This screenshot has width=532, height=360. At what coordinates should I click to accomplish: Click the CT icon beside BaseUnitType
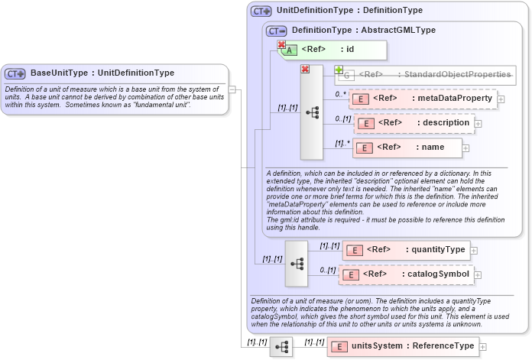pyautogui.click(x=15, y=73)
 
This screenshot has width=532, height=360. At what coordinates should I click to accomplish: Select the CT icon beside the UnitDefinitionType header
pyautogui.click(x=261, y=11)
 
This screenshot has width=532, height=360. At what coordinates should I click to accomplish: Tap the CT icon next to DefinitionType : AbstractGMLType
pyautogui.click(x=277, y=31)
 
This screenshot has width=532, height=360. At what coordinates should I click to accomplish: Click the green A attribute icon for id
pyautogui.click(x=291, y=50)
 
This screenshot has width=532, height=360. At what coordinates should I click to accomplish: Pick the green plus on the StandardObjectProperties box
pyautogui.click(x=339, y=70)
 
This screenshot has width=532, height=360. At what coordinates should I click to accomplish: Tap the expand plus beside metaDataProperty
pyautogui.click(x=501, y=99)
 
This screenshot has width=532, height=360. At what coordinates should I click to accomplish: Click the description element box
pyautogui.click(x=413, y=123)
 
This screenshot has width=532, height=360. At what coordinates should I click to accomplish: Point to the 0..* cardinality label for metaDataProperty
pyautogui.click(x=341, y=94)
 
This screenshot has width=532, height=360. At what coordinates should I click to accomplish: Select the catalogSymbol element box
pyautogui.click(x=406, y=274)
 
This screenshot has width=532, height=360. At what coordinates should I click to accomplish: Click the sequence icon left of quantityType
pyautogui.click(x=295, y=262)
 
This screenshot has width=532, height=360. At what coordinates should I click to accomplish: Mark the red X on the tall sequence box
pyautogui.click(x=305, y=70)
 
